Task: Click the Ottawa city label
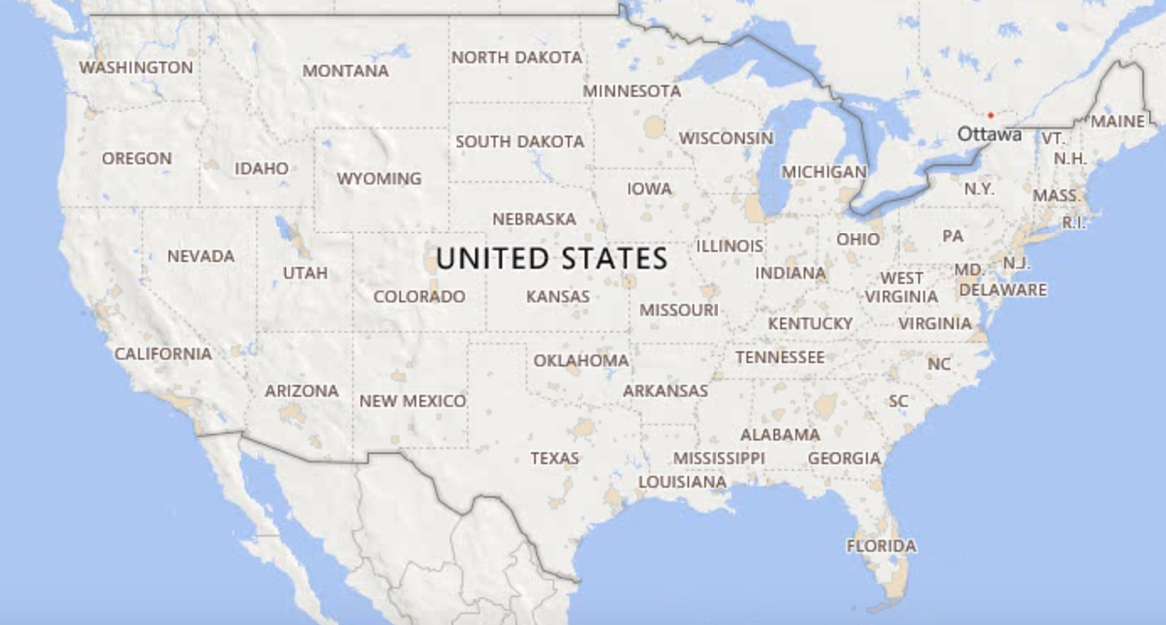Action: tap(989, 134)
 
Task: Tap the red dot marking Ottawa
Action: tap(991, 115)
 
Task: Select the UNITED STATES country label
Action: tap(552, 259)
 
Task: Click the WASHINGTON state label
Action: tap(136, 67)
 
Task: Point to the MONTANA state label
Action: tap(345, 72)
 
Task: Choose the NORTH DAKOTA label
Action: tap(516, 58)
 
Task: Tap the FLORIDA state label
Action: tap(881, 546)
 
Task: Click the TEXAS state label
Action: tap(554, 459)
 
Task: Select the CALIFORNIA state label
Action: tap(163, 354)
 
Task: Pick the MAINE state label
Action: tap(1118, 121)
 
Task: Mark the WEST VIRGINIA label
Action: tap(901, 287)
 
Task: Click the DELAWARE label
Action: tap(1003, 291)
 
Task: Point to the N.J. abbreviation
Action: tap(1016, 263)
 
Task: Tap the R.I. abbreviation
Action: tap(1073, 223)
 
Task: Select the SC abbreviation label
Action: tap(899, 401)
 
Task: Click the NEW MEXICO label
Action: tap(413, 401)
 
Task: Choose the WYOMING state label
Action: tap(379, 179)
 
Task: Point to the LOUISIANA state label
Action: tap(682, 482)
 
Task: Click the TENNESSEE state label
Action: tap(780, 357)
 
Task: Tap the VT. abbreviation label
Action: tap(1053, 138)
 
